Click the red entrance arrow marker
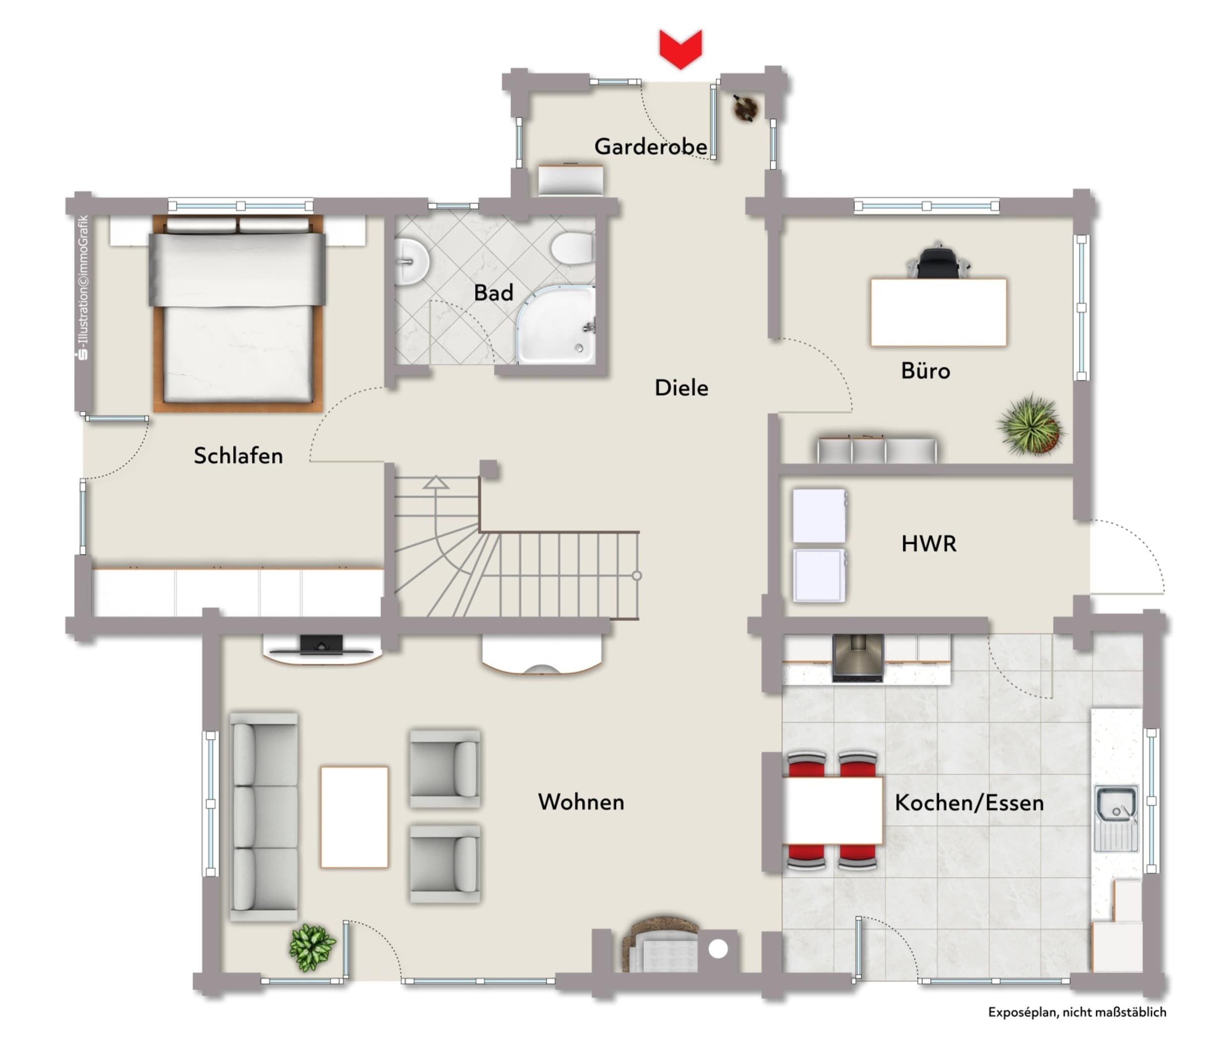[680, 49]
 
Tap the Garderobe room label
[650, 146]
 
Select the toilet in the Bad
[572, 248]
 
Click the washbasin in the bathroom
[411, 261]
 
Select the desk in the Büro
[938, 312]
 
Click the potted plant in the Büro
[1031, 424]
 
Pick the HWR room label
[928, 544]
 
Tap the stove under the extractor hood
[857, 658]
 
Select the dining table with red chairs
[832, 810]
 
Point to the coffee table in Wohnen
[354, 817]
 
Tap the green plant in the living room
[312, 947]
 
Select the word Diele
[681, 388]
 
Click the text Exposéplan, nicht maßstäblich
[1077, 1012]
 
